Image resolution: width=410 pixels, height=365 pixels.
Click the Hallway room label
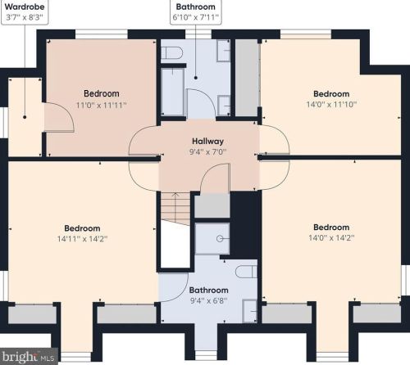pos(207,142)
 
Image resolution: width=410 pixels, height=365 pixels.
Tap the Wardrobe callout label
pos(25,7)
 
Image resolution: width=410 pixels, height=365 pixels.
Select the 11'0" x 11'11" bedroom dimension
pos(101,105)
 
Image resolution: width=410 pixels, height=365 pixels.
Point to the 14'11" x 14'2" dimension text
pos(82,239)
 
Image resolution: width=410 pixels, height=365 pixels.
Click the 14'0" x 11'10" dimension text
pos(331,104)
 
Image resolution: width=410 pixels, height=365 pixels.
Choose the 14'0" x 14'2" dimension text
pos(331,238)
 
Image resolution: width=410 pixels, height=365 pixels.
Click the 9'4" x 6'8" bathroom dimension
pos(209,301)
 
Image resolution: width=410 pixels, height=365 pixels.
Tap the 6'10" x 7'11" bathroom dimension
pos(195,17)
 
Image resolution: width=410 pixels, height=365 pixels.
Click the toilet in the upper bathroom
pos(171,53)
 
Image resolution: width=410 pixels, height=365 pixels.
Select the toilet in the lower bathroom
pos(246,272)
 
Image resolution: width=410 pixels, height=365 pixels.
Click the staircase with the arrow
pos(175,208)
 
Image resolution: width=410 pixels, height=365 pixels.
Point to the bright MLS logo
pos(29,356)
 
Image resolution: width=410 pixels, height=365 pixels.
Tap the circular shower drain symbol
pos(220,239)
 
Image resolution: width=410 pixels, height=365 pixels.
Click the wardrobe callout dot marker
pos(25,117)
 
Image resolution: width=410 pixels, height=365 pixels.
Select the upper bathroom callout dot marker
pos(196,78)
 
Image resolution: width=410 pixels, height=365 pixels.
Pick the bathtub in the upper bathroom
pos(173,92)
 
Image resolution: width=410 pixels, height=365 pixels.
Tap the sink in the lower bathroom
pos(250,310)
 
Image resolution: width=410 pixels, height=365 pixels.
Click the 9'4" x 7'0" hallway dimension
pos(207,152)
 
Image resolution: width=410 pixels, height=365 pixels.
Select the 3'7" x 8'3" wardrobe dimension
pos(25,17)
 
